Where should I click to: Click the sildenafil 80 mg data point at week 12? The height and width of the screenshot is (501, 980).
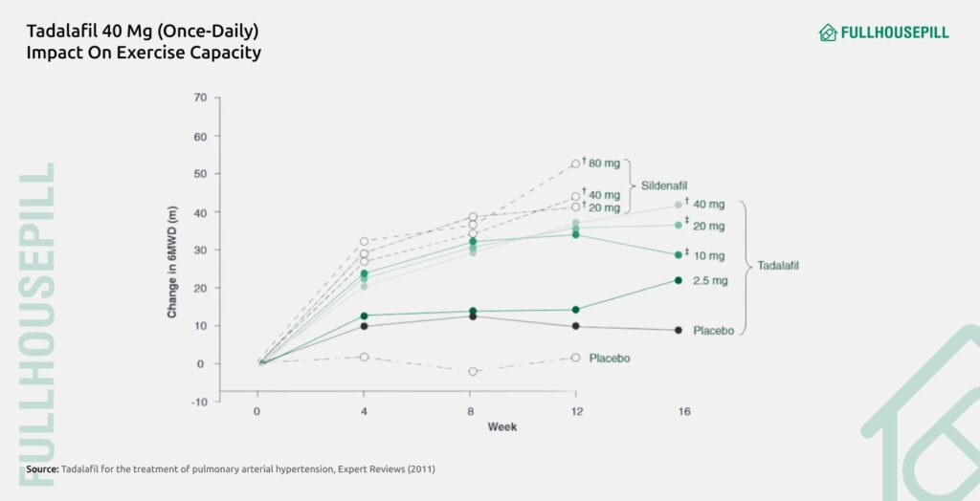pyautogui.click(x=575, y=163)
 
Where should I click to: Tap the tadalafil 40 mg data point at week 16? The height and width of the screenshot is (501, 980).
pyautogui.click(x=679, y=205)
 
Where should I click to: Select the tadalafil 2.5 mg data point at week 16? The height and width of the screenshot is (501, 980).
pyautogui.click(x=679, y=280)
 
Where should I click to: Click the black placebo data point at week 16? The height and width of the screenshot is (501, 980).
pyautogui.click(x=679, y=330)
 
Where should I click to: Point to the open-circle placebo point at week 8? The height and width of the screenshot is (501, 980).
pyautogui.click(x=473, y=371)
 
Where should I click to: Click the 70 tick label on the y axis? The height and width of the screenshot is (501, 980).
pyautogui.click(x=199, y=98)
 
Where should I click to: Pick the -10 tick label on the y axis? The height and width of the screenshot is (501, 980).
pyautogui.click(x=198, y=402)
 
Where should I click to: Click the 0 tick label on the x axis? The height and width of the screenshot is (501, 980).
pyautogui.click(x=256, y=411)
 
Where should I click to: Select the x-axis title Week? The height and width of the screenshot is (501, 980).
pyautogui.click(x=502, y=426)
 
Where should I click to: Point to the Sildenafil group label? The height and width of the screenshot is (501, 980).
pyautogui.click(x=666, y=185)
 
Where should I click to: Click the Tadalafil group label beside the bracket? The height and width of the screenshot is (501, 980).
pyautogui.click(x=778, y=265)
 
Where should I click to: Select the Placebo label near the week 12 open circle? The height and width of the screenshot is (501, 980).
pyautogui.click(x=610, y=358)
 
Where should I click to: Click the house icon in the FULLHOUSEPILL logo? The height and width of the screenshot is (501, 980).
pyautogui.click(x=828, y=33)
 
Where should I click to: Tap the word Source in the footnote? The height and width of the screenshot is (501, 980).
pyautogui.click(x=42, y=469)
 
